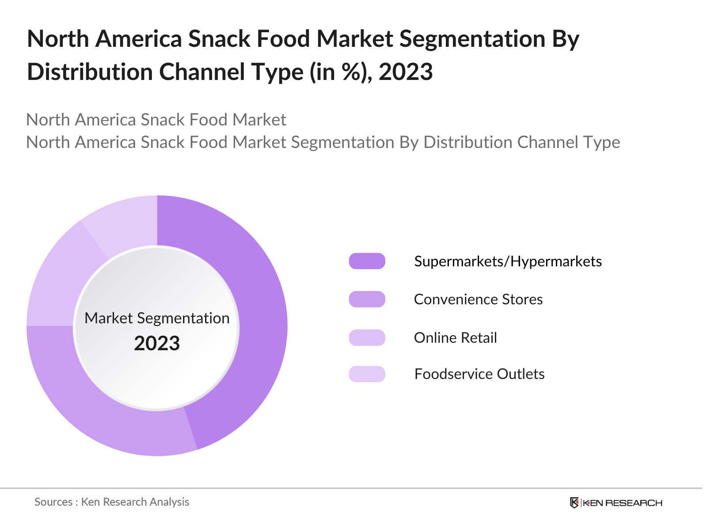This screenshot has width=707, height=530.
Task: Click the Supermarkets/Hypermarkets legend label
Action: pyautogui.click(x=508, y=261)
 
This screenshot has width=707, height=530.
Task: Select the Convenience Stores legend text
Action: pyautogui.click(x=478, y=299)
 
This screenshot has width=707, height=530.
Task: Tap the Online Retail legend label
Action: pyautogui.click(x=455, y=338)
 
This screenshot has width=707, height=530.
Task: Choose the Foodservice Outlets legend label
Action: pyautogui.click(x=479, y=374)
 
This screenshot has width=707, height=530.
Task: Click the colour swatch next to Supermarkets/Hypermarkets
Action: pyautogui.click(x=367, y=261)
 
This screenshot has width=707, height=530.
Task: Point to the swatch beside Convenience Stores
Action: pyautogui.click(x=367, y=299)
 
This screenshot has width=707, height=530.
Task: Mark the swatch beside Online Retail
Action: pyautogui.click(x=367, y=338)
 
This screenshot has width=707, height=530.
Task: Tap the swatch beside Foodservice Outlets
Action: pyautogui.click(x=367, y=374)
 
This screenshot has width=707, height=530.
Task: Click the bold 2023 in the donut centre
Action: pyautogui.click(x=157, y=344)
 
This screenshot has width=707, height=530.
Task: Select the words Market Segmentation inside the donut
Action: pyautogui.click(x=157, y=318)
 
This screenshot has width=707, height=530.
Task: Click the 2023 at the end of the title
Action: pyautogui.click(x=405, y=72)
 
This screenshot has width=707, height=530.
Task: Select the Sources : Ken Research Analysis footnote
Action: pyautogui.click(x=112, y=502)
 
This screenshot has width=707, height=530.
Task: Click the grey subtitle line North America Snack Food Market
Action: pyautogui.click(x=156, y=120)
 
